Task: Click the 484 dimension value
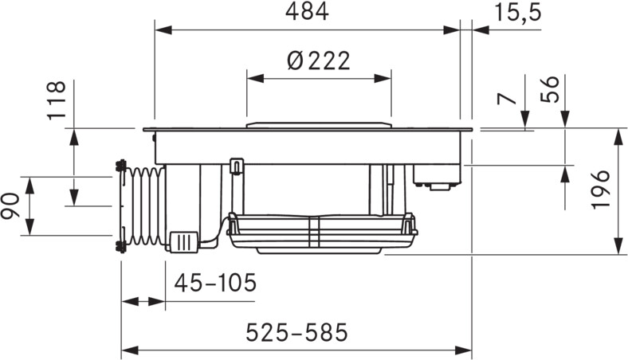click(307, 12)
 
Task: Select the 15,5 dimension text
click(518, 13)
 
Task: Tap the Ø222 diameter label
click(319, 61)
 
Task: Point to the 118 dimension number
click(57, 100)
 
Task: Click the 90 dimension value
click(10, 205)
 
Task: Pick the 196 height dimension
click(601, 189)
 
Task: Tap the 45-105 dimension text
click(215, 283)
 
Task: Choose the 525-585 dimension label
click(296, 332)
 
